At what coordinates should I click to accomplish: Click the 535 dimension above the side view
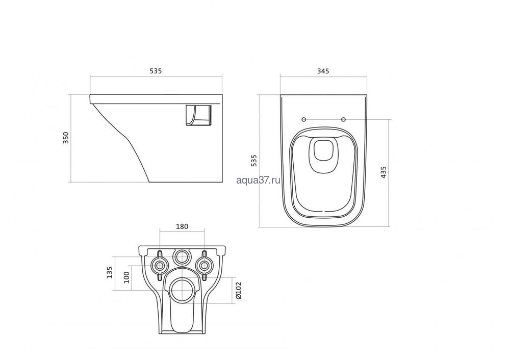point(156,71)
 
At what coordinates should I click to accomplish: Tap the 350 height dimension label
point(66,138)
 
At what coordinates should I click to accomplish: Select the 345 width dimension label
point(323,71)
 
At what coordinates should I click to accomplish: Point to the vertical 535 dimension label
point(254,161)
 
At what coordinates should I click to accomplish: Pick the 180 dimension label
point(182,226)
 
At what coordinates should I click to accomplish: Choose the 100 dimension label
point(126,277)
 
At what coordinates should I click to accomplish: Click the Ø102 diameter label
point(238,290)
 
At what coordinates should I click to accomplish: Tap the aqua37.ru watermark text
point(258,180)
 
